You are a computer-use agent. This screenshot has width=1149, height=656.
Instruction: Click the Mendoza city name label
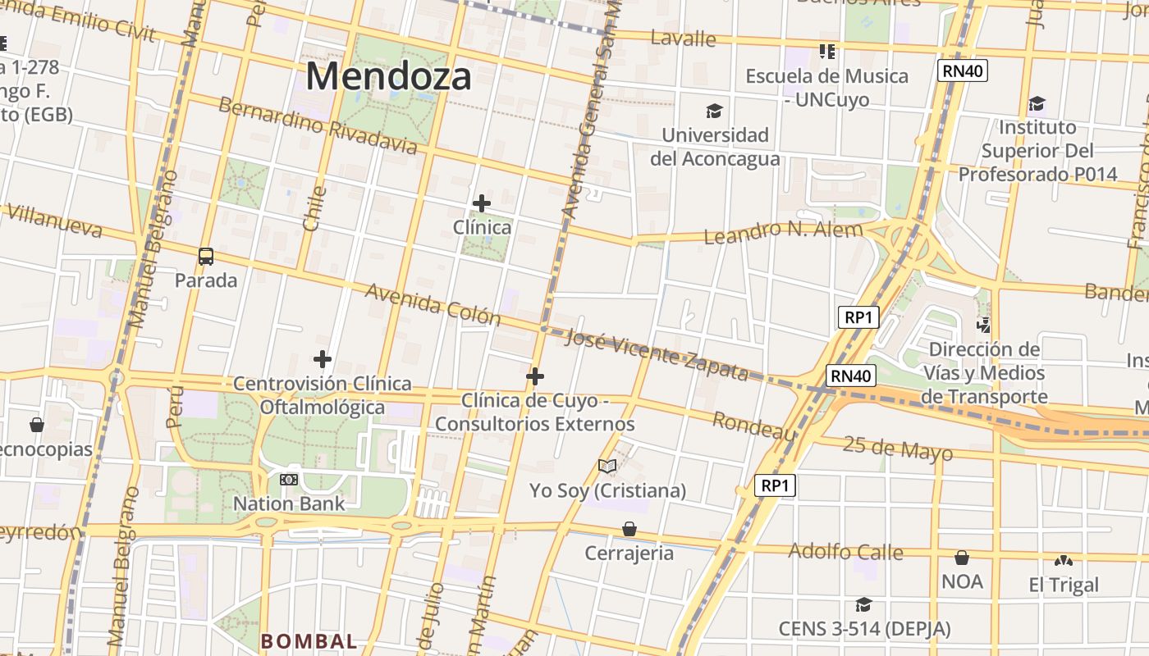coord(388,77)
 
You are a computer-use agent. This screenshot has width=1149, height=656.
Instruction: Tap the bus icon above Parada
coord(206,257)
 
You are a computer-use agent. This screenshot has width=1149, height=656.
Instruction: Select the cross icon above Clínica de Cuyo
coord(535,376)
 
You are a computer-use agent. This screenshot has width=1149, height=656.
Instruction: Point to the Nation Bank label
coord(289,503)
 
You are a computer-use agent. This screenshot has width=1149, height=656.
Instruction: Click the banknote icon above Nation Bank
coord(288,480)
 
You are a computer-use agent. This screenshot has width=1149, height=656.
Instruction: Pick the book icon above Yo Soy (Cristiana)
coord(607,467)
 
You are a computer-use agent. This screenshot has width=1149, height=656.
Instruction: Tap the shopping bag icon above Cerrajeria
coord(629,529)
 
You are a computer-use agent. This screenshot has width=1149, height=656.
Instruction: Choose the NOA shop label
coord(962,581)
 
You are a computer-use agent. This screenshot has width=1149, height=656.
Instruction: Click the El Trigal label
coord(1064,585)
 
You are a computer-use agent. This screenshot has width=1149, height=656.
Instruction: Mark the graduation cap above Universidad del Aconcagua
coord(715,111)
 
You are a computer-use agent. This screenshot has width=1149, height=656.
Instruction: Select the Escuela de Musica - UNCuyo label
coord(826,88)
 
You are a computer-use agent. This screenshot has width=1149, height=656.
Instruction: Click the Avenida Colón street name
coord(433,304)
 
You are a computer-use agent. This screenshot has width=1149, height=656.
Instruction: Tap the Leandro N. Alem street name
coord(783,233)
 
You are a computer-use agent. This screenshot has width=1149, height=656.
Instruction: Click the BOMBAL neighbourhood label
coord(309,641)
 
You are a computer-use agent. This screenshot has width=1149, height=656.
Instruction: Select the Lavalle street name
coord(683,39)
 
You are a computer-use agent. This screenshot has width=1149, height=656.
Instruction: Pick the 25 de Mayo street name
coord(898,449)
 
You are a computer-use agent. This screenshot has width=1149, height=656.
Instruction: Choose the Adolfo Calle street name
coord(845,552)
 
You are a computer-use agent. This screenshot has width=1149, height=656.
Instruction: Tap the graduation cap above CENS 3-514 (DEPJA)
coord(863,605)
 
